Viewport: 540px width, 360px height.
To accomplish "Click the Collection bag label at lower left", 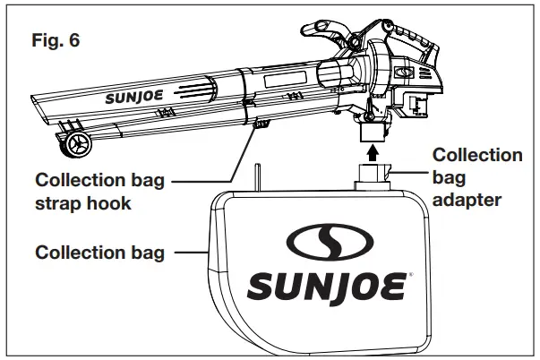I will point(99,253).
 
